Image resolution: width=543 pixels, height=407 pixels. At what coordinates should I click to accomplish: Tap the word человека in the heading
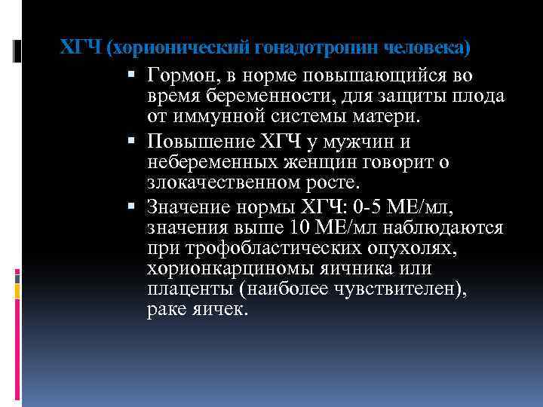pyautogui.click(x=427, y=48)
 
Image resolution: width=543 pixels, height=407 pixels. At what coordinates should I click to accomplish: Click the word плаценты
pyautogui.click(x=183, y=290)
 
